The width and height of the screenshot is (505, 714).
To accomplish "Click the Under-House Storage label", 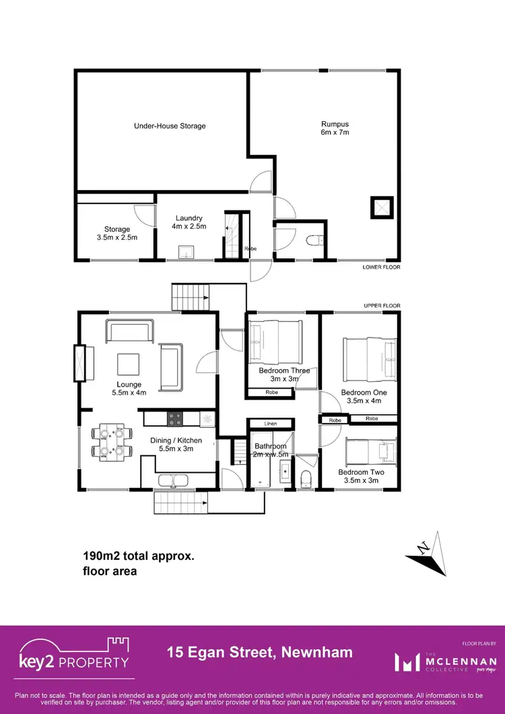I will (170, 126).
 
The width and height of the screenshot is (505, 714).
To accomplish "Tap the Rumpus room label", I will (335, 128).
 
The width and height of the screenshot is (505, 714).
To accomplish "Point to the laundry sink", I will (187, 253).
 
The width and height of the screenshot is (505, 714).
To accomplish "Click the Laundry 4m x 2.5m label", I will (189, 222).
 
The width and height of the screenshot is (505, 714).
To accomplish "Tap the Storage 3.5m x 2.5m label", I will (116, 233).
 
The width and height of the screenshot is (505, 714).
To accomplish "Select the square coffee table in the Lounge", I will (129, 364).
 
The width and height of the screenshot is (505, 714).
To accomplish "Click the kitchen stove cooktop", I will (175, 418).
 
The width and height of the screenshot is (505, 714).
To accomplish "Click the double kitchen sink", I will (174, 481).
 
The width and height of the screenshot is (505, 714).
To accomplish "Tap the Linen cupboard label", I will (270, 424).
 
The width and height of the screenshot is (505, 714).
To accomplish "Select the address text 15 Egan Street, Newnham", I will (259, 652).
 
